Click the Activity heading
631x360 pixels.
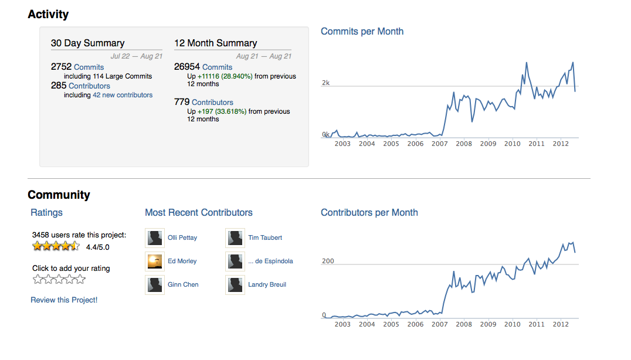(x=48, y=15)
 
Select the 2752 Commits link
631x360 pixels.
(x=77, y=67)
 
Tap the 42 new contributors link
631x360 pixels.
(x=123, y=95)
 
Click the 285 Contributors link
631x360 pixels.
(x=80, y=86)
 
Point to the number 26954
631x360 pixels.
(x=186, y=67)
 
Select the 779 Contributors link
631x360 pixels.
(x=203, y=102)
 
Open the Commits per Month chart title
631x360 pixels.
(x=362, y=32)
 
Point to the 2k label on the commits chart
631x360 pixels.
(x=325, y=83)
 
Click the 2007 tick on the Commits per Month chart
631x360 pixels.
(x=439, y=144)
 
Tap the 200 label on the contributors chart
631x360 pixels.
(x=328, y=261)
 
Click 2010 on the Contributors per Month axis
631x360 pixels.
(x=513, y=324)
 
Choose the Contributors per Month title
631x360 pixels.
(x=369, y=212)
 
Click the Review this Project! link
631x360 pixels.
(x=64, y=300)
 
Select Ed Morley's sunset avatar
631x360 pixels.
(x=155, y=261)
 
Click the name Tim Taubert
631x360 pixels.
(x=265, y=237)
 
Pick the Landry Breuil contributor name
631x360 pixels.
(x=267, y=285)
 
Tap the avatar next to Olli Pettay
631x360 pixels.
(x=155, y=238)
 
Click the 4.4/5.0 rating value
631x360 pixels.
(x=98, y=247)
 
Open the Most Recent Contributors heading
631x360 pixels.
(x=199, y=212)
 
